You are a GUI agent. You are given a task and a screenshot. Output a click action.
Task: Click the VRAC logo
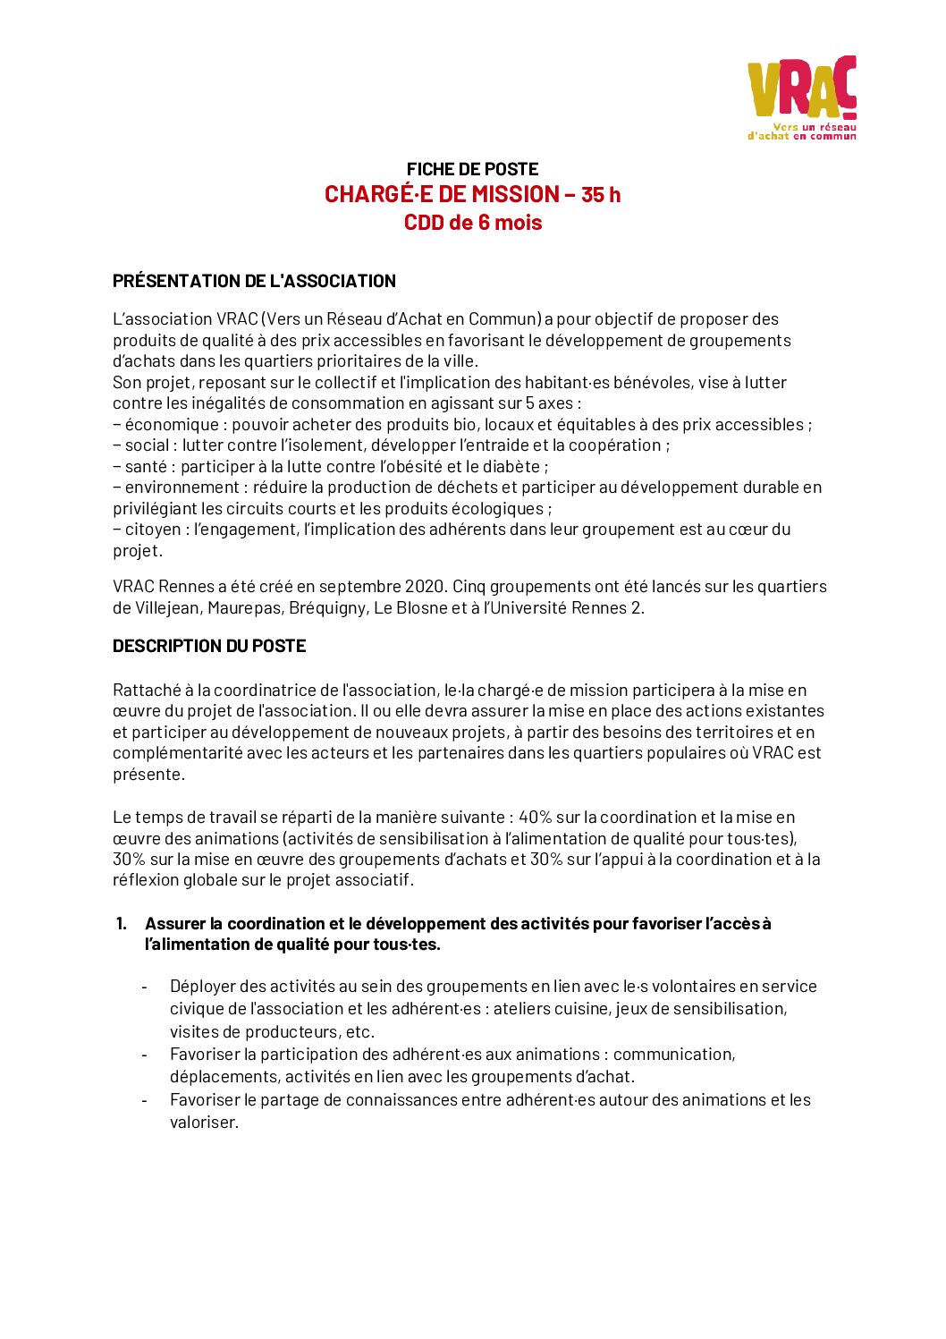[x=802, y=97]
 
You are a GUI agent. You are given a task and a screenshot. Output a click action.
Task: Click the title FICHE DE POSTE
[x=472, y=169]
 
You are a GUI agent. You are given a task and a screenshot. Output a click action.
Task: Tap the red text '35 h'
[x=601, y=195]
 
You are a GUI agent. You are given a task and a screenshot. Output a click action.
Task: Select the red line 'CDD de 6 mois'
[x=472, y=223]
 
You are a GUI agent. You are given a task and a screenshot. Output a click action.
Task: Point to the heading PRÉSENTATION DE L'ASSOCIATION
[x=254, y=281]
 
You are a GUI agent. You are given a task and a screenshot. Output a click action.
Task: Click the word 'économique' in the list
[x=172, y=425]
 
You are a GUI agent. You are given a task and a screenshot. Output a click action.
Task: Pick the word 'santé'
[x=146, y=467]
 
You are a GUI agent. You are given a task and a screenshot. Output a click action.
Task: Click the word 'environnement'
[x=182, y=487]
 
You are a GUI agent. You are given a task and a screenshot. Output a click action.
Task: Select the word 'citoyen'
[x=152, y=530]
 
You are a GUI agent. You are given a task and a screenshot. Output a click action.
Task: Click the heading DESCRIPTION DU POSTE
[x=209, y=646]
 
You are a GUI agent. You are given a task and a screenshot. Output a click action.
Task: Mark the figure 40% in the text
[x=535, y=818]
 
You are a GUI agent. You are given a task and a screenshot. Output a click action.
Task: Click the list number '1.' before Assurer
[x=122, y=924]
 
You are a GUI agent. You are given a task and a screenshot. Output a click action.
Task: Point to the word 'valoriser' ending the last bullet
[x=203, y=1123]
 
